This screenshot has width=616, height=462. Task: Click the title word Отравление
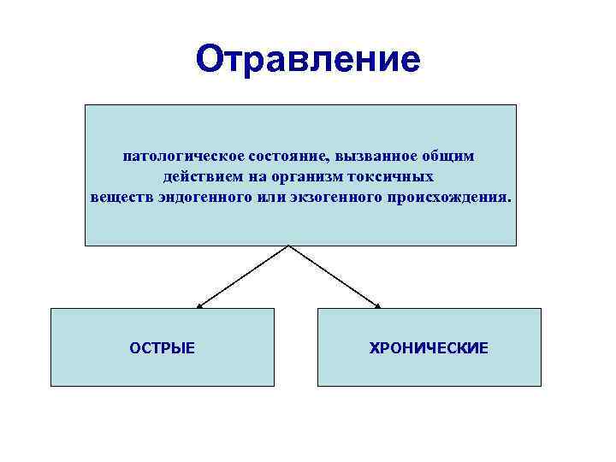click(x=308, y=59)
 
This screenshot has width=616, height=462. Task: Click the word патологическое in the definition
click(x=182, y=157)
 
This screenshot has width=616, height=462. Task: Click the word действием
click(x=198, y=177)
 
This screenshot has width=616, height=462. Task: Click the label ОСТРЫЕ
click(x=163, y=348)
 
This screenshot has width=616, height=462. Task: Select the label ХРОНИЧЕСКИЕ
click(x=429, y=348)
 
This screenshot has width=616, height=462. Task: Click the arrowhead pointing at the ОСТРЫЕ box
click(x=199, y=305)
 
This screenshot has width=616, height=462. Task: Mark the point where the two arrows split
click(x=289, y=246)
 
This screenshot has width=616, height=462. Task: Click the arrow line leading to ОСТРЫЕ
click(x=244, y=275)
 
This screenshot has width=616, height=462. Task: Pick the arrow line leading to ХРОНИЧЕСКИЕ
click(x=334, y=275)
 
